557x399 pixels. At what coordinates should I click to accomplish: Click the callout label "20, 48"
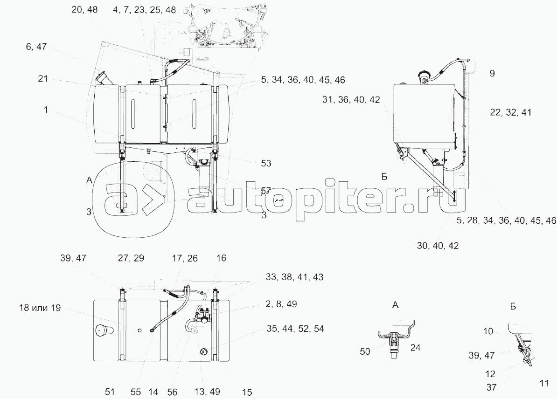84,10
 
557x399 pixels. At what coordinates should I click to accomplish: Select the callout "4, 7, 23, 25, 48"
144,10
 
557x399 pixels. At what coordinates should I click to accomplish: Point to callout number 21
43,78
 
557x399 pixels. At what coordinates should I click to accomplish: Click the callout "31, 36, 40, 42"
351,100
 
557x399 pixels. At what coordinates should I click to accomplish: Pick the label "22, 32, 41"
510,112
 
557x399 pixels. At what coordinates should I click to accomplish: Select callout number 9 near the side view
492,74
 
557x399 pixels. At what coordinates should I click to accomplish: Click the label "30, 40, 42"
438,246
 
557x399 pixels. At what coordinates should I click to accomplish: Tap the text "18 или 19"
40,308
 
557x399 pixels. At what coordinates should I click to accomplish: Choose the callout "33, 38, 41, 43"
294,277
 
